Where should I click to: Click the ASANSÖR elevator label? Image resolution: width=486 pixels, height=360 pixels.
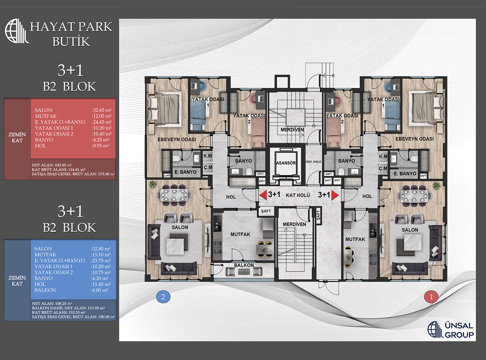[286, 163]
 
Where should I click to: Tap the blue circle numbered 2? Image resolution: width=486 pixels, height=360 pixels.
[163, 297]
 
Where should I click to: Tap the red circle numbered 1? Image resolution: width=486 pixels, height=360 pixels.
[431, 297]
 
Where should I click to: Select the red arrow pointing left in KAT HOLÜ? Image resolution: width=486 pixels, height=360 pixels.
[263, 195]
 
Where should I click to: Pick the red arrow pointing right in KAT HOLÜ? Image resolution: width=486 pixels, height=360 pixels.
[335, 195]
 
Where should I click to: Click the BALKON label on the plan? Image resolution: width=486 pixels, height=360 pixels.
[244, 265]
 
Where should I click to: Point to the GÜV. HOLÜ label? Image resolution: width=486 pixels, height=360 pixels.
[313, 162]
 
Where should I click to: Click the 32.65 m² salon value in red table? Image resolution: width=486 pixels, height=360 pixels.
[102, 110]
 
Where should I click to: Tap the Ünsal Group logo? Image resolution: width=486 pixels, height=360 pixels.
[451, 330]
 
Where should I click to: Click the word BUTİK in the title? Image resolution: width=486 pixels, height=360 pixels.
[71, 41]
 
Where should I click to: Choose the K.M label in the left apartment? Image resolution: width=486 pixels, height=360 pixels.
[207, 156]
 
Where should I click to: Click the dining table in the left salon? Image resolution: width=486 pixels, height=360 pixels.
[174, 195]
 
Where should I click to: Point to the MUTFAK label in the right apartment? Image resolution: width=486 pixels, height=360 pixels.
[355, 239]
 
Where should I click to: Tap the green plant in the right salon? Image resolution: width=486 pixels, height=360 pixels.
[437, 186]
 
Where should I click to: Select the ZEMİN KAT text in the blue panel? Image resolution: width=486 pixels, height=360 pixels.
[17, 280]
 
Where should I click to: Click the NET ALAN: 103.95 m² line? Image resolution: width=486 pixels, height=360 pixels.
[52, 165]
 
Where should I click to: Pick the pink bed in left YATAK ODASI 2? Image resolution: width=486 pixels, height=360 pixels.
[258, 133]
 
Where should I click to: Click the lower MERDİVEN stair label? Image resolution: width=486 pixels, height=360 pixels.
[294, 224]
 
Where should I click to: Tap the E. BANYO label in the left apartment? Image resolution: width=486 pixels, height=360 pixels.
[185, 172]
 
